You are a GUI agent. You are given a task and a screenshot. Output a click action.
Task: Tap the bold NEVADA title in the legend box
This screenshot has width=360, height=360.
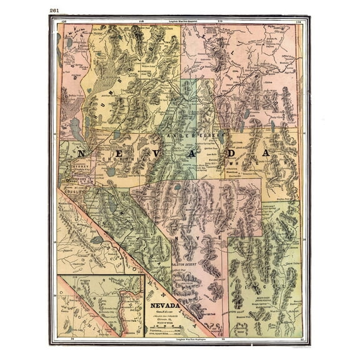[165, 306]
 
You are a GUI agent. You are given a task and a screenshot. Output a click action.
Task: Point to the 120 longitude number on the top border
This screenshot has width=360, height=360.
[65, 21]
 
